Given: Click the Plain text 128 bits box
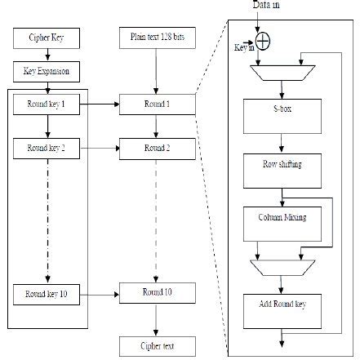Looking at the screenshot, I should (x=158, y=38).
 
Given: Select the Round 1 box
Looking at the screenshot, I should (x=158, y=104).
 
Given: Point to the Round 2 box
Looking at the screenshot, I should (x=158, y=148).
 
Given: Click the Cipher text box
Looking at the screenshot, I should (x=158, y=346).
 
